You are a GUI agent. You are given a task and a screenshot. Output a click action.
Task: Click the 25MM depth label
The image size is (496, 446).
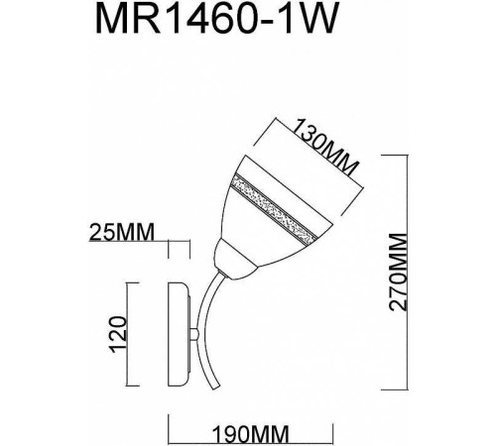click(x=123, y=233)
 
